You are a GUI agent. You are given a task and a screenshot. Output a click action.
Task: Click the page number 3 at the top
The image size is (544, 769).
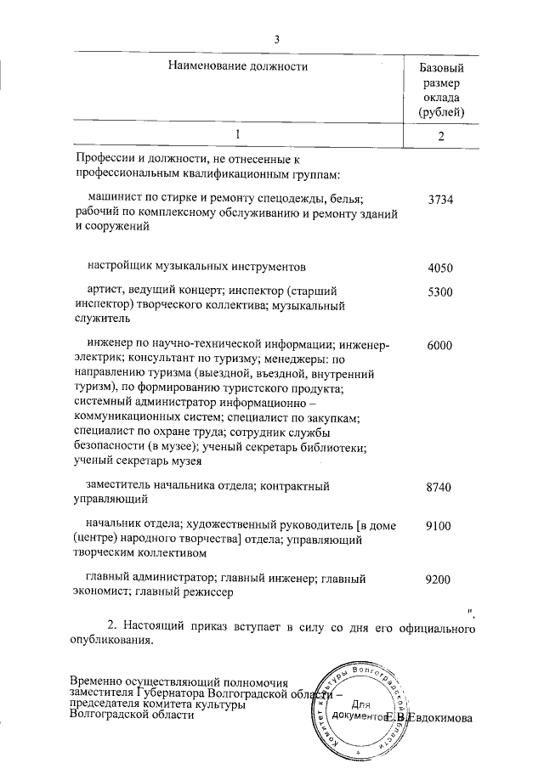276,37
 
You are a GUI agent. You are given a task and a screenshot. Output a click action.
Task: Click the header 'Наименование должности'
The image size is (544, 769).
236,65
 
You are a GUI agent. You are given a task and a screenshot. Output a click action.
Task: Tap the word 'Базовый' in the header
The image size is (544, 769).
441,66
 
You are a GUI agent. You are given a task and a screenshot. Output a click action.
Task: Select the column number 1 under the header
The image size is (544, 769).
238,134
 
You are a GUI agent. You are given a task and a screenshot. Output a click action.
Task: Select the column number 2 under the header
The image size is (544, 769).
441,136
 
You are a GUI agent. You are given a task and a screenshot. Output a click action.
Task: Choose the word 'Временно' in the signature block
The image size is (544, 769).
98,681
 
